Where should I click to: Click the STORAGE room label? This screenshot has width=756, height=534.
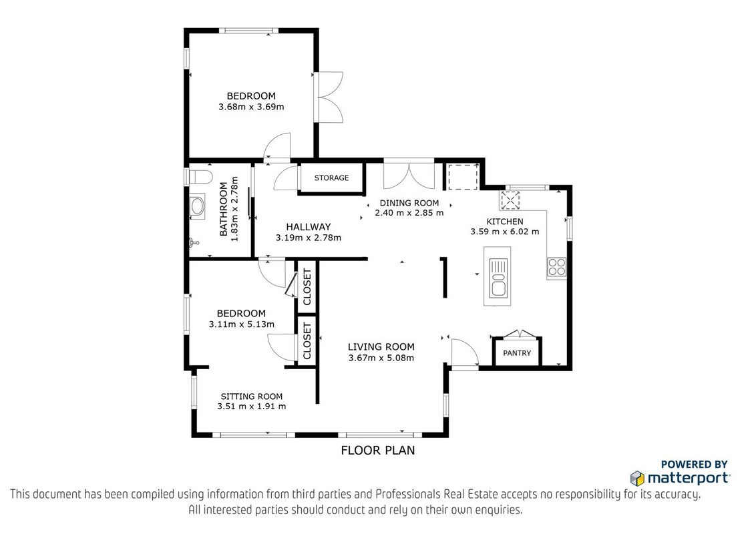tap(331, 178)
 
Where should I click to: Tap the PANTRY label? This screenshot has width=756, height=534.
tap(517, 353)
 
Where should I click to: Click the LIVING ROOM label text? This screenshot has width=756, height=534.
tap(381, 346)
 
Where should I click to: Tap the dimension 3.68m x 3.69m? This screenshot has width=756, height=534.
tap(251, 107)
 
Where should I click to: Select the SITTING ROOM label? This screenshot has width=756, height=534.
tap(252, 396)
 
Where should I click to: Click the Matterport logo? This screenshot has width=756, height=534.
tap(680, 478)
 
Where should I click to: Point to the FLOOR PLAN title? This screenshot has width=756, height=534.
tap(378, 450)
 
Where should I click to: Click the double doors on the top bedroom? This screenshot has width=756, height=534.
tap(330, 97)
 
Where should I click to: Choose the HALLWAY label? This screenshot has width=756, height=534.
tap(308, 226)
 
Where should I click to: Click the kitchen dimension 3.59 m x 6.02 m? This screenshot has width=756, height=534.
tap(505, 232)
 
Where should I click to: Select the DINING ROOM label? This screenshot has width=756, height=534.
tap(409, 203)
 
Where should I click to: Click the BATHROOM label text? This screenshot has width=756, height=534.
tap(224, 209)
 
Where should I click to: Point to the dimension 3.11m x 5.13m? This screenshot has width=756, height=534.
tap(242, 324)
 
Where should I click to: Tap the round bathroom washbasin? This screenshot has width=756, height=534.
tap(197, 207)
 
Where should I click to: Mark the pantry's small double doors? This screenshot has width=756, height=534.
tap(520, 334)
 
